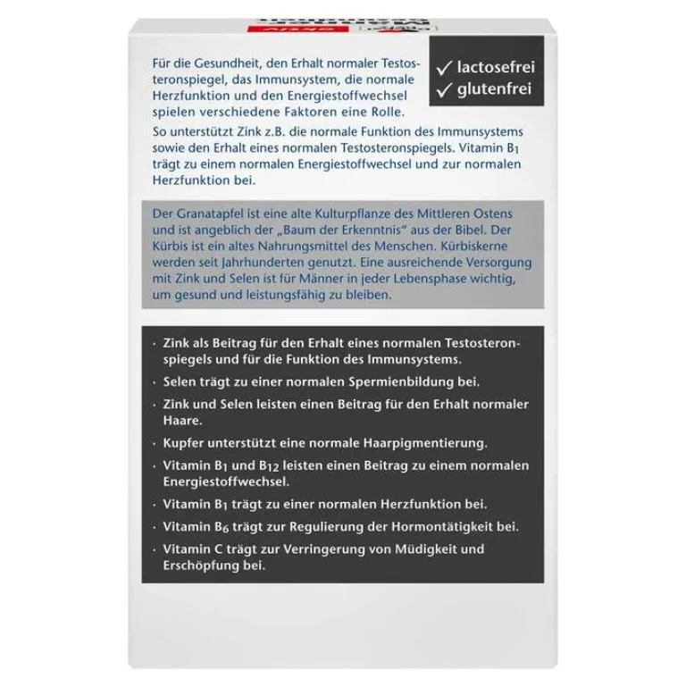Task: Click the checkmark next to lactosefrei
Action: click(x=444, y=67)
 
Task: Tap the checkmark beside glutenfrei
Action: click(x=444, y=89)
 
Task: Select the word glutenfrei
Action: click(x=494, y=89)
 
